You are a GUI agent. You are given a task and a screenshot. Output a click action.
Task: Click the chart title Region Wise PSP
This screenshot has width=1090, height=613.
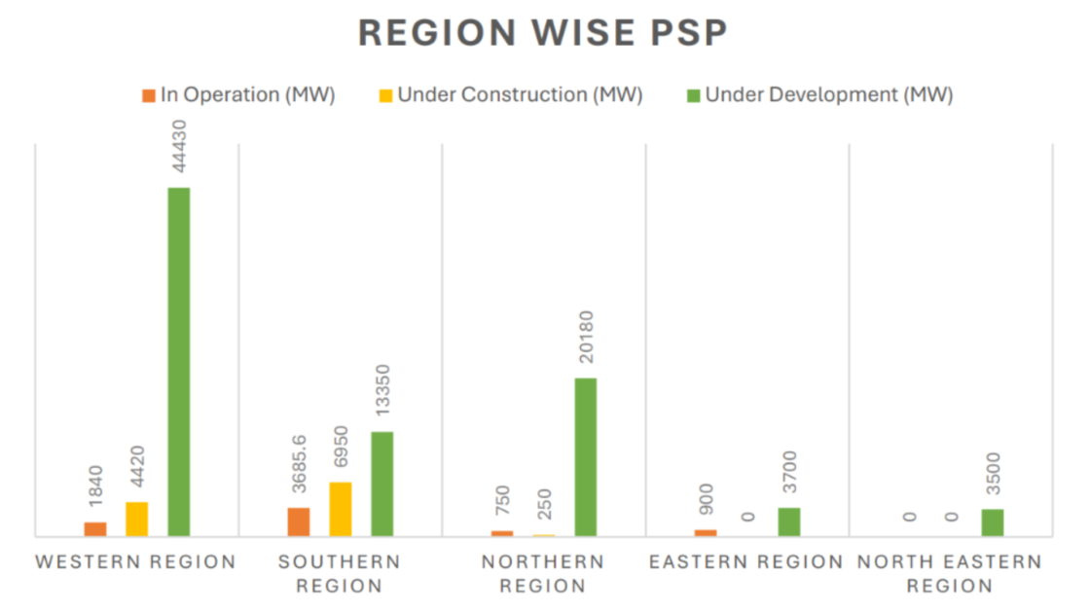(543, 32)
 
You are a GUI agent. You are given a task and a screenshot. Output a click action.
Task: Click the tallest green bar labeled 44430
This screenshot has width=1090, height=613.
(178, 361)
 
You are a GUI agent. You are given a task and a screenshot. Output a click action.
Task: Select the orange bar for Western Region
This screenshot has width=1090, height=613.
(95, 529)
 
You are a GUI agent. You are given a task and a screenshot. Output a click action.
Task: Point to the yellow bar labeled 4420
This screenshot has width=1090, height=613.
(136, 519)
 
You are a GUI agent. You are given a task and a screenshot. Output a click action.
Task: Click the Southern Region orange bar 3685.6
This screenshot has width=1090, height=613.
(299, 522)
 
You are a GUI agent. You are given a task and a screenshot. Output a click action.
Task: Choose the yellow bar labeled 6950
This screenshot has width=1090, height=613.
(340, 509)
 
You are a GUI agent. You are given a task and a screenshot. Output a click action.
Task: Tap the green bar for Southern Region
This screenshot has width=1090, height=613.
(381, 484)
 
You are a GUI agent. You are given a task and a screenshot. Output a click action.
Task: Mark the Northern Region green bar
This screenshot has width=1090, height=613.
(585, 456)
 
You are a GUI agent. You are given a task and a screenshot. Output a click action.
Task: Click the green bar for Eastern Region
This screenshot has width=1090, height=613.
(788, 522)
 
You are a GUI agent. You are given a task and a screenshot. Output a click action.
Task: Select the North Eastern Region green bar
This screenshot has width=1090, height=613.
(992, 523)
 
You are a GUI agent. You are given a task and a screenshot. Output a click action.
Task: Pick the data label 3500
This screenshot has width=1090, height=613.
(992, 474)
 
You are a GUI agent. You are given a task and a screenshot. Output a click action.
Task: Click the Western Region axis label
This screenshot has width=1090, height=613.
(136, 562)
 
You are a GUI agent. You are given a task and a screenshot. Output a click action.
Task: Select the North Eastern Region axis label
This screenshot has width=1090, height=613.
(949, 574)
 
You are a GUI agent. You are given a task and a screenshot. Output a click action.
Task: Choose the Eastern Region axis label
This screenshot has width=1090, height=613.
(746, 562)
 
